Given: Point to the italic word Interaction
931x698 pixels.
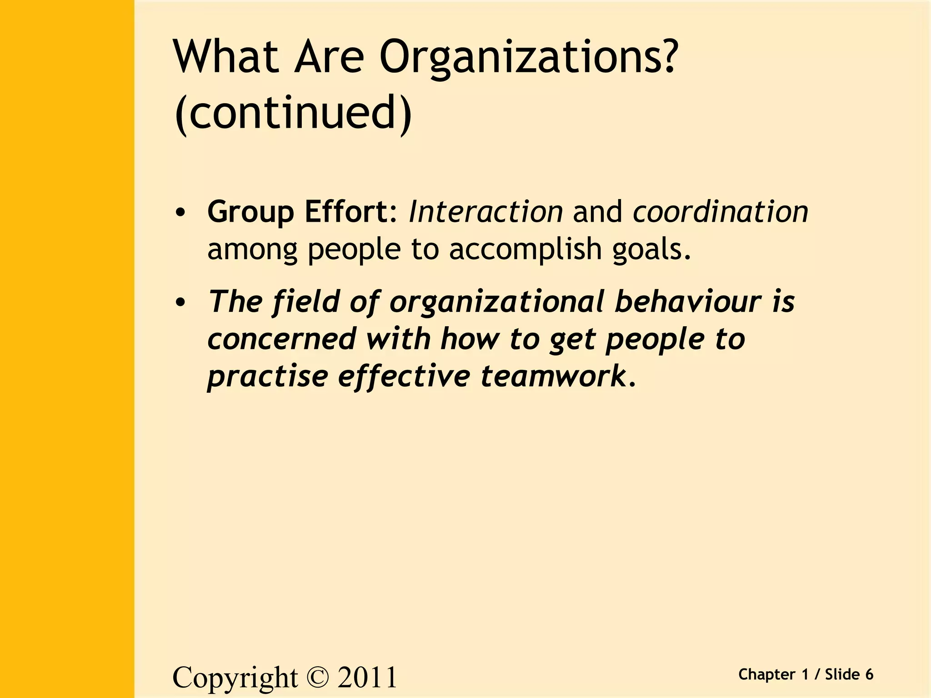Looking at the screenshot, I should [486, 212].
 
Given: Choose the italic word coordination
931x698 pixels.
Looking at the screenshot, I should [721, 212].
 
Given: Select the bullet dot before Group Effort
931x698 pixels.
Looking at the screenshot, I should [180, 213].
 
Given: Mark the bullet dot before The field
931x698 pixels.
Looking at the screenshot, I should [180, 302].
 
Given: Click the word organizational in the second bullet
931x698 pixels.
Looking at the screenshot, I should [497, 302].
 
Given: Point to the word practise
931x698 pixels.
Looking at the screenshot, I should [267, 377].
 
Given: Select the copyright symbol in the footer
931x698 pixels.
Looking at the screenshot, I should [317, 677].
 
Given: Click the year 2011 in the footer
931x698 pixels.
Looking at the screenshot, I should [367, 677].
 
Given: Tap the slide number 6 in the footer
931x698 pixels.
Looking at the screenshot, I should [869, 674].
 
